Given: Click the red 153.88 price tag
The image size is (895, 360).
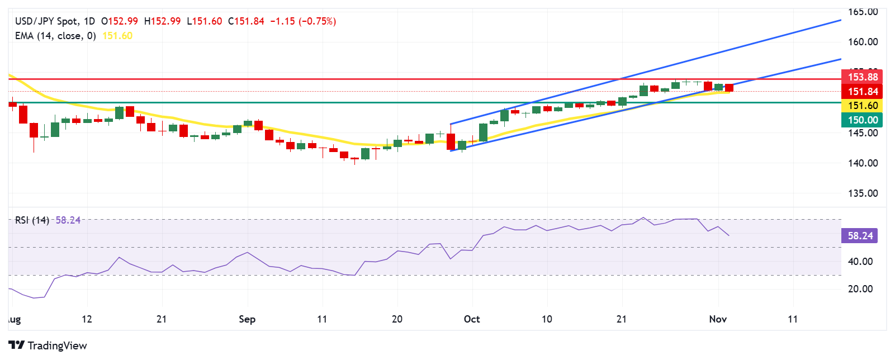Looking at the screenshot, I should (862, 77).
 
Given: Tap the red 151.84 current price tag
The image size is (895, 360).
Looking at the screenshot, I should (862, 92).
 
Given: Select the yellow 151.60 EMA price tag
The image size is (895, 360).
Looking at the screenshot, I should (862, 106).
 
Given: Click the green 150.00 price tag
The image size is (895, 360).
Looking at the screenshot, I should (862, 120).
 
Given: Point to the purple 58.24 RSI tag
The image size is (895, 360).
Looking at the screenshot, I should (859, 236).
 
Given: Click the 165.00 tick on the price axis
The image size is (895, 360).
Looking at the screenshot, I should (863, 12).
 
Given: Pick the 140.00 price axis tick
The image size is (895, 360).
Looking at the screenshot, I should (863, 163).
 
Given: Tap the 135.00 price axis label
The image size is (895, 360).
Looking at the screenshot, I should (863, 193).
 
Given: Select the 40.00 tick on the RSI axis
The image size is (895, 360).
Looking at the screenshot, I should (860, 262).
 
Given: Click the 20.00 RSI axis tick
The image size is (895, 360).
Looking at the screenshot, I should (860, 289).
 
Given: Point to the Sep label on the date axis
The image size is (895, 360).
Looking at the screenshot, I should (247, 319).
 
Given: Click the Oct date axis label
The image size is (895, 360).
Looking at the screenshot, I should (472, 319).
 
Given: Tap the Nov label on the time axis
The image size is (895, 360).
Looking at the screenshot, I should (718, 319).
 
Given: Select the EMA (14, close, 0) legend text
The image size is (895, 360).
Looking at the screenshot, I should (55, 36).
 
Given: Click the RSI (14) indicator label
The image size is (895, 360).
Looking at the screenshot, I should (32, 220).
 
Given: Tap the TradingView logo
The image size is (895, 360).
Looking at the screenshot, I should (48, 345).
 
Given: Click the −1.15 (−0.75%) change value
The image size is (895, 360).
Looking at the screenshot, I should (303, 21).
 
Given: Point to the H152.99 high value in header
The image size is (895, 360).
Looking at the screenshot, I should (162, 21).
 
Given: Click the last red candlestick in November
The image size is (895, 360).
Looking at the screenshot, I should (729, 88).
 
